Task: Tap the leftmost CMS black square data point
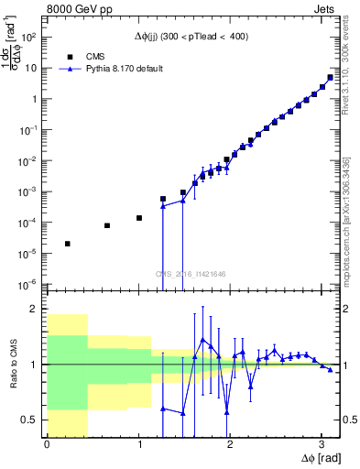point(68,244)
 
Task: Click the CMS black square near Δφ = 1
point(139,218)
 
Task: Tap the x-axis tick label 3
point(322,444)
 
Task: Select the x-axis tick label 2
point(230,444)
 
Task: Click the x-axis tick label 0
point(47,444)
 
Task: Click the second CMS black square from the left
point(107,225)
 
